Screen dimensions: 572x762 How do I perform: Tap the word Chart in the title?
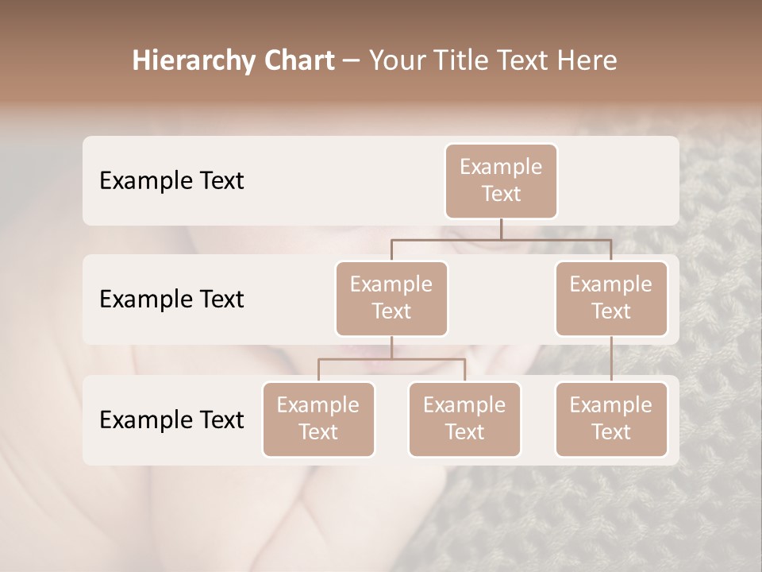pyautogui.click(x=295, y=61)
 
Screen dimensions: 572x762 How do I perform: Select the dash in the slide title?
pyautogui.click(x=352, y=61)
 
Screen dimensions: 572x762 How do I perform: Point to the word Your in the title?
pyautogui.click(x=397, y=61)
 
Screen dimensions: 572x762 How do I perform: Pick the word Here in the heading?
pyautogui.click(x=588, y=61)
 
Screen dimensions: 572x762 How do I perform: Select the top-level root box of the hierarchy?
pyautogui.click(x=501, y=180)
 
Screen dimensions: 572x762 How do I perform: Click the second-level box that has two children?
pyautogui.click(x=391, y=298)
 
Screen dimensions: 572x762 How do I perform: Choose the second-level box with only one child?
pyautogui.click(x=611, y=298)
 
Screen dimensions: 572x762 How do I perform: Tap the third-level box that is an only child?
pyautogui.click(x=611, y=419)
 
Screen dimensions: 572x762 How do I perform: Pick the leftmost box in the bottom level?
pyautogui.click(x=318, y=419)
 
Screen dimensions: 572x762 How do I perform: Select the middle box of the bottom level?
pyautogui.click(x=464, y=419)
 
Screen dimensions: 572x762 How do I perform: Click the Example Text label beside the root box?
pyautogui.click(x=171, y=180)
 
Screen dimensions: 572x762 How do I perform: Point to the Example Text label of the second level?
pyautogui.click(x=171, y=299)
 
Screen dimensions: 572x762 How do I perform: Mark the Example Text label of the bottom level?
pyautogui.click(x=171, y=419)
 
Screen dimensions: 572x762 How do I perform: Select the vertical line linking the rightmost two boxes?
pyautogui.click(x=611, y=358)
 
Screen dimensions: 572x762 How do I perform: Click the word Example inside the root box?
pyautogui.click(x=501, y=167)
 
